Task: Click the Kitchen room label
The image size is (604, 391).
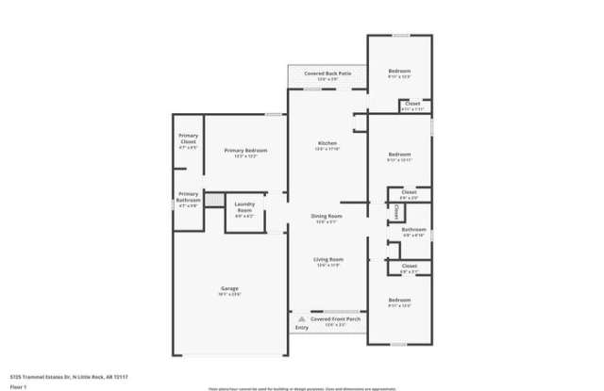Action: pos(327,142)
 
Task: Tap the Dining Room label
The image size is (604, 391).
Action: pos(327,216)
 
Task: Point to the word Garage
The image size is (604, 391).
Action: pos(229,288)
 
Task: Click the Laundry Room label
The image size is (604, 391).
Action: pos(244,207)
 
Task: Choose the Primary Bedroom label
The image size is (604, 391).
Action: pos(245,151)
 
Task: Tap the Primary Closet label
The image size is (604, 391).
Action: pos(188,138)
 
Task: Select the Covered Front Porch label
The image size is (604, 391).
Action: pos(336,319)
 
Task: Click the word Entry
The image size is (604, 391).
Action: pos(301,328)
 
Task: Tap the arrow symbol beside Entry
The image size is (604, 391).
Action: pos(300,319)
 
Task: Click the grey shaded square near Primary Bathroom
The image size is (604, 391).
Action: pos(216,200)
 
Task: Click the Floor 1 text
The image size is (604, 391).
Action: pos(19,386)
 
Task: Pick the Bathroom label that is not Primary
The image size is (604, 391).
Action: pos(413,230)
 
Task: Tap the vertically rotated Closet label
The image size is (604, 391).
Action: pos(395,214)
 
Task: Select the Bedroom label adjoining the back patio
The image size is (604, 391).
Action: pos(399,71)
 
